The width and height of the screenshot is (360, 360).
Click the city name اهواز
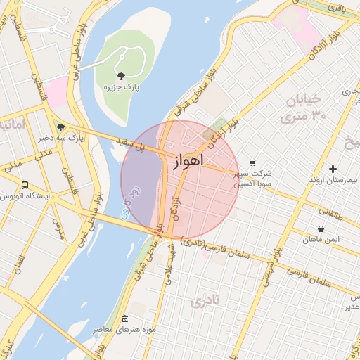[188, 161]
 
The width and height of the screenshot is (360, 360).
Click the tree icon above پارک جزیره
[122, 75]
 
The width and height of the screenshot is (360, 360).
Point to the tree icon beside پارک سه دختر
[60, 127]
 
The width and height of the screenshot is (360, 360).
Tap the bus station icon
[25, 185]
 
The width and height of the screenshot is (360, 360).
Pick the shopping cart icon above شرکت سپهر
[252, 163]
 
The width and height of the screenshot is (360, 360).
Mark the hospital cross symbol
[333, 169]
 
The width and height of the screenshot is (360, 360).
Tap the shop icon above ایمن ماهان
[321, 229]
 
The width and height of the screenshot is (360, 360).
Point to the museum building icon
[125, 319]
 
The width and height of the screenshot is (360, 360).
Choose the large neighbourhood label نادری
[205, 302]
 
